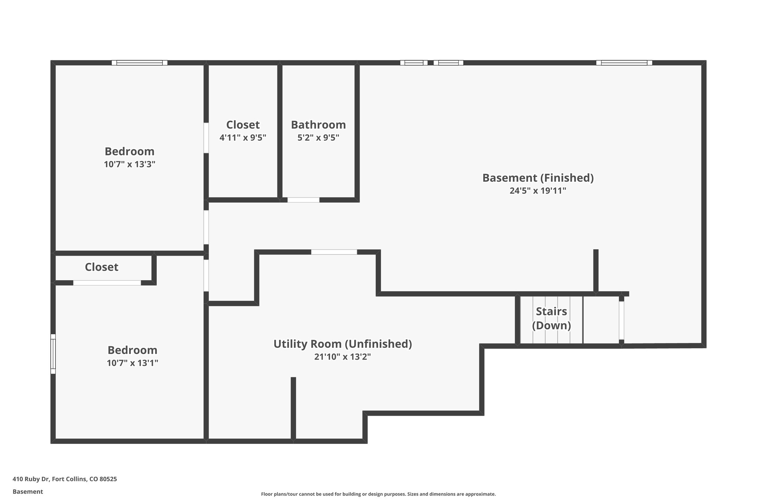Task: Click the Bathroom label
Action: [x=318, y=125]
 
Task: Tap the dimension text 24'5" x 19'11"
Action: [x=538, y=191]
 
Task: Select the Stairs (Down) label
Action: [x=551, y=318]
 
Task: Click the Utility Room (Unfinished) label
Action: [x=343, y=344]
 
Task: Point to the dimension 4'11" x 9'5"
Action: [x=243, y=138]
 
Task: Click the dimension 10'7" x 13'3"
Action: [x=129, y=164]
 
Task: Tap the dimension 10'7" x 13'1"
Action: [x=132, y=363]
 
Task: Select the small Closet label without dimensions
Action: [x=102, y=267]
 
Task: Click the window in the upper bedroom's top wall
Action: [x=140, y=63]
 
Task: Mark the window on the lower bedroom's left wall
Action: [x=53, y=354]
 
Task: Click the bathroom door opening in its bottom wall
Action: [x=303, y=200]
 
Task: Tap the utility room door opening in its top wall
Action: [x=334, y=252]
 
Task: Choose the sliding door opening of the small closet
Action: [x=107, y=283]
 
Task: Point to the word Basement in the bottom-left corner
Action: [x=28, y=491]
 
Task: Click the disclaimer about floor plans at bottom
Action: [x=378, y=494]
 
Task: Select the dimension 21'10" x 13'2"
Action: [x=343, y=357]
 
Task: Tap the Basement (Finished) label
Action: [x=538, y=178]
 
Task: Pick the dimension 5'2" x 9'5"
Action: [x=318, y=138]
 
